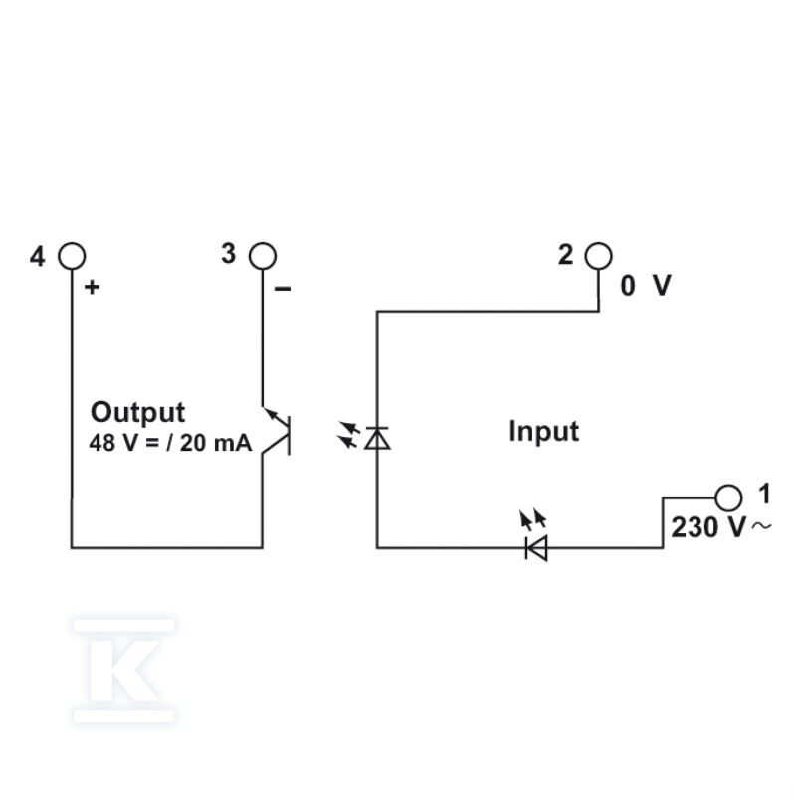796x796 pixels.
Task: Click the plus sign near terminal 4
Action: pyautogui.click(x=92, y=288)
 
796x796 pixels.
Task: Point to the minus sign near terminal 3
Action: pyautogui.click(x=283, y=289)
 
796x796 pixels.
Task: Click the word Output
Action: pyautogui.click(x=137, y=412)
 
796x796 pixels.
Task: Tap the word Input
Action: pyautogui.click(x=543, y=432)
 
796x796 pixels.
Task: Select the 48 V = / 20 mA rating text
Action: pyautogui.click(x=170, y=443)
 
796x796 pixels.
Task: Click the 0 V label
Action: pyautogui.click(x=646, y=285)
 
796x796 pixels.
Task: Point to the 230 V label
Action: pyautogui.click(x=708, y=527)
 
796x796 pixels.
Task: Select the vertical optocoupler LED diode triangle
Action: pyautogui.click(x=377, y=439)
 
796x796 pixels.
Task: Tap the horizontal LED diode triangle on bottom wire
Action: pyautogui.click(x=536, y=548)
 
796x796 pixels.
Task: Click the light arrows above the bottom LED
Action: pyautogui.click(x=532, y=519)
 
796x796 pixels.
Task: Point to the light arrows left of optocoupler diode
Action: pyautogui.click(x=349, y=435)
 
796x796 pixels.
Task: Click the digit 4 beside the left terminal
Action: pyautogui.click(x=37, y=257)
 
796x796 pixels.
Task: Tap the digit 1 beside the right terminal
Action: pyautogui.click(x=764, y=494)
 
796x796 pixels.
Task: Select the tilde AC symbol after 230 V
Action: pyautogui.click(x=761, y=526)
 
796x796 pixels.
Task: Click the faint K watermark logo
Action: pyautogui.click(x=124, y=671)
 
